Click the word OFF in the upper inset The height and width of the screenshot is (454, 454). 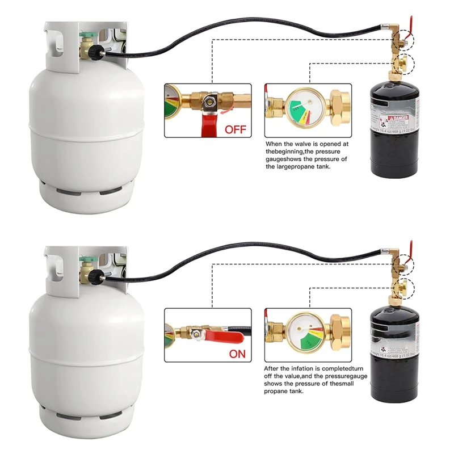click(236, 129)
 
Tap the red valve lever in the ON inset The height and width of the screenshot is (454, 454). click(224, 337)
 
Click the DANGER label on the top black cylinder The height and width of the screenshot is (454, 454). click(399, 119)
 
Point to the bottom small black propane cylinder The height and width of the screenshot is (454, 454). click(393, 352)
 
